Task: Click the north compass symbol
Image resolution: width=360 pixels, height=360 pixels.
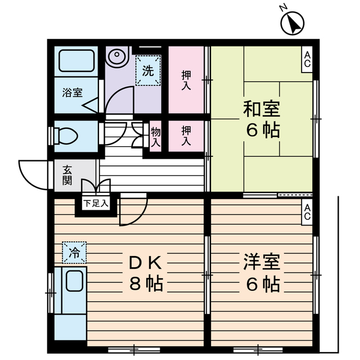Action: [292, 23]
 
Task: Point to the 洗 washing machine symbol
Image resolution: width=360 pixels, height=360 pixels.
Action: [147, 71]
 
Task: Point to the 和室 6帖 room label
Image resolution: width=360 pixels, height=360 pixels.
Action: [262, 119]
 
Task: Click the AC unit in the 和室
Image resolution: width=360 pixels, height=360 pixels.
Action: [308, 59]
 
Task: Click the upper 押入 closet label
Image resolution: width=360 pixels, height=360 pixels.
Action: [186, 80]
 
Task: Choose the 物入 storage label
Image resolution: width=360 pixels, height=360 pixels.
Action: [156, 137]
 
